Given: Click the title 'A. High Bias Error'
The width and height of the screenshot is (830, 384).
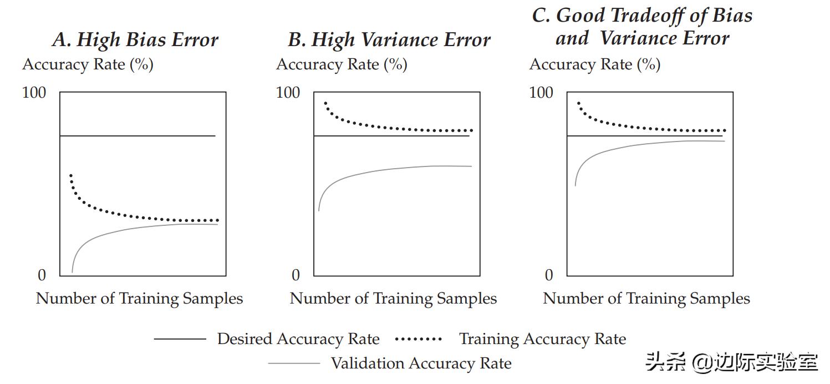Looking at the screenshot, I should (x=135, y=40).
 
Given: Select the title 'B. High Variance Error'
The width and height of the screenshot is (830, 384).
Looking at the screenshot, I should (x=389, y=40).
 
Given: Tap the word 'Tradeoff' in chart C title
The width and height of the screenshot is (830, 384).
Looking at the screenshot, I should (x=645, y=16).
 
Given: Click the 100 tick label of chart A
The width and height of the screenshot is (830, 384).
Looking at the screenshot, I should (x=34, y=93).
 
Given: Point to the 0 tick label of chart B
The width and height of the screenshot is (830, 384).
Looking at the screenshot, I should (x=296, y=275).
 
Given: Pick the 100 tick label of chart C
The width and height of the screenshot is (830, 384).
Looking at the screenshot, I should (x=541, y=93).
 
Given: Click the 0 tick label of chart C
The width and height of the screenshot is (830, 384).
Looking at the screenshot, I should (x=549, y=275).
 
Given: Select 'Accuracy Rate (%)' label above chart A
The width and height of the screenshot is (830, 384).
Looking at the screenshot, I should (x=88, y=65).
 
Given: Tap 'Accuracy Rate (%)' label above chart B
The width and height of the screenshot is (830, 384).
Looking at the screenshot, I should (x=342, y=65).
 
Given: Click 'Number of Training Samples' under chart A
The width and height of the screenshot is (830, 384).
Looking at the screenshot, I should (x=139, y=299).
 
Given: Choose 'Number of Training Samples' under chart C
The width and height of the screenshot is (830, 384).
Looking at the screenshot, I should (x=646, y=299).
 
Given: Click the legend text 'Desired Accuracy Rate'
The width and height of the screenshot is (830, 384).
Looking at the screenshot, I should (x=298, y=339).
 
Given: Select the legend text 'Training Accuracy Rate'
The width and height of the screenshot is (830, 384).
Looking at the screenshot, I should (x=542, y=339).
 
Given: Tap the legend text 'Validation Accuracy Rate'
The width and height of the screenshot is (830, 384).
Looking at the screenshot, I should (x=421, y=363).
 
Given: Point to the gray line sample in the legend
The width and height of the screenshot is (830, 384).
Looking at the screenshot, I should (x=294, y=363).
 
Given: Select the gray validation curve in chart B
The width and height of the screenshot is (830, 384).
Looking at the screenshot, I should (x=388, y=169).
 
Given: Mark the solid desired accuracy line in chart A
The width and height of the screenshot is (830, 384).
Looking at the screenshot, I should (x=139, y=136).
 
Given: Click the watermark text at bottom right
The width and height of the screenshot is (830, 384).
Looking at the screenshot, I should (x=732, y=363).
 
